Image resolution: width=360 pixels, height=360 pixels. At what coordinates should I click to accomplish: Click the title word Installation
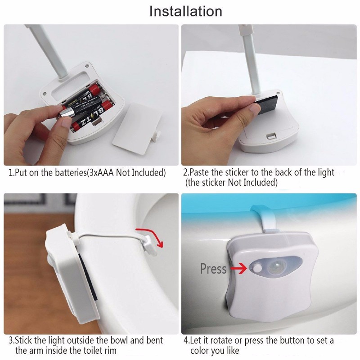[185, 11]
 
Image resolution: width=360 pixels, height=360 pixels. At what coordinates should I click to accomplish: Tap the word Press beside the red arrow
[213, 269]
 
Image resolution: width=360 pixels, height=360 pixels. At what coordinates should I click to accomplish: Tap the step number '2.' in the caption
[186, 173]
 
